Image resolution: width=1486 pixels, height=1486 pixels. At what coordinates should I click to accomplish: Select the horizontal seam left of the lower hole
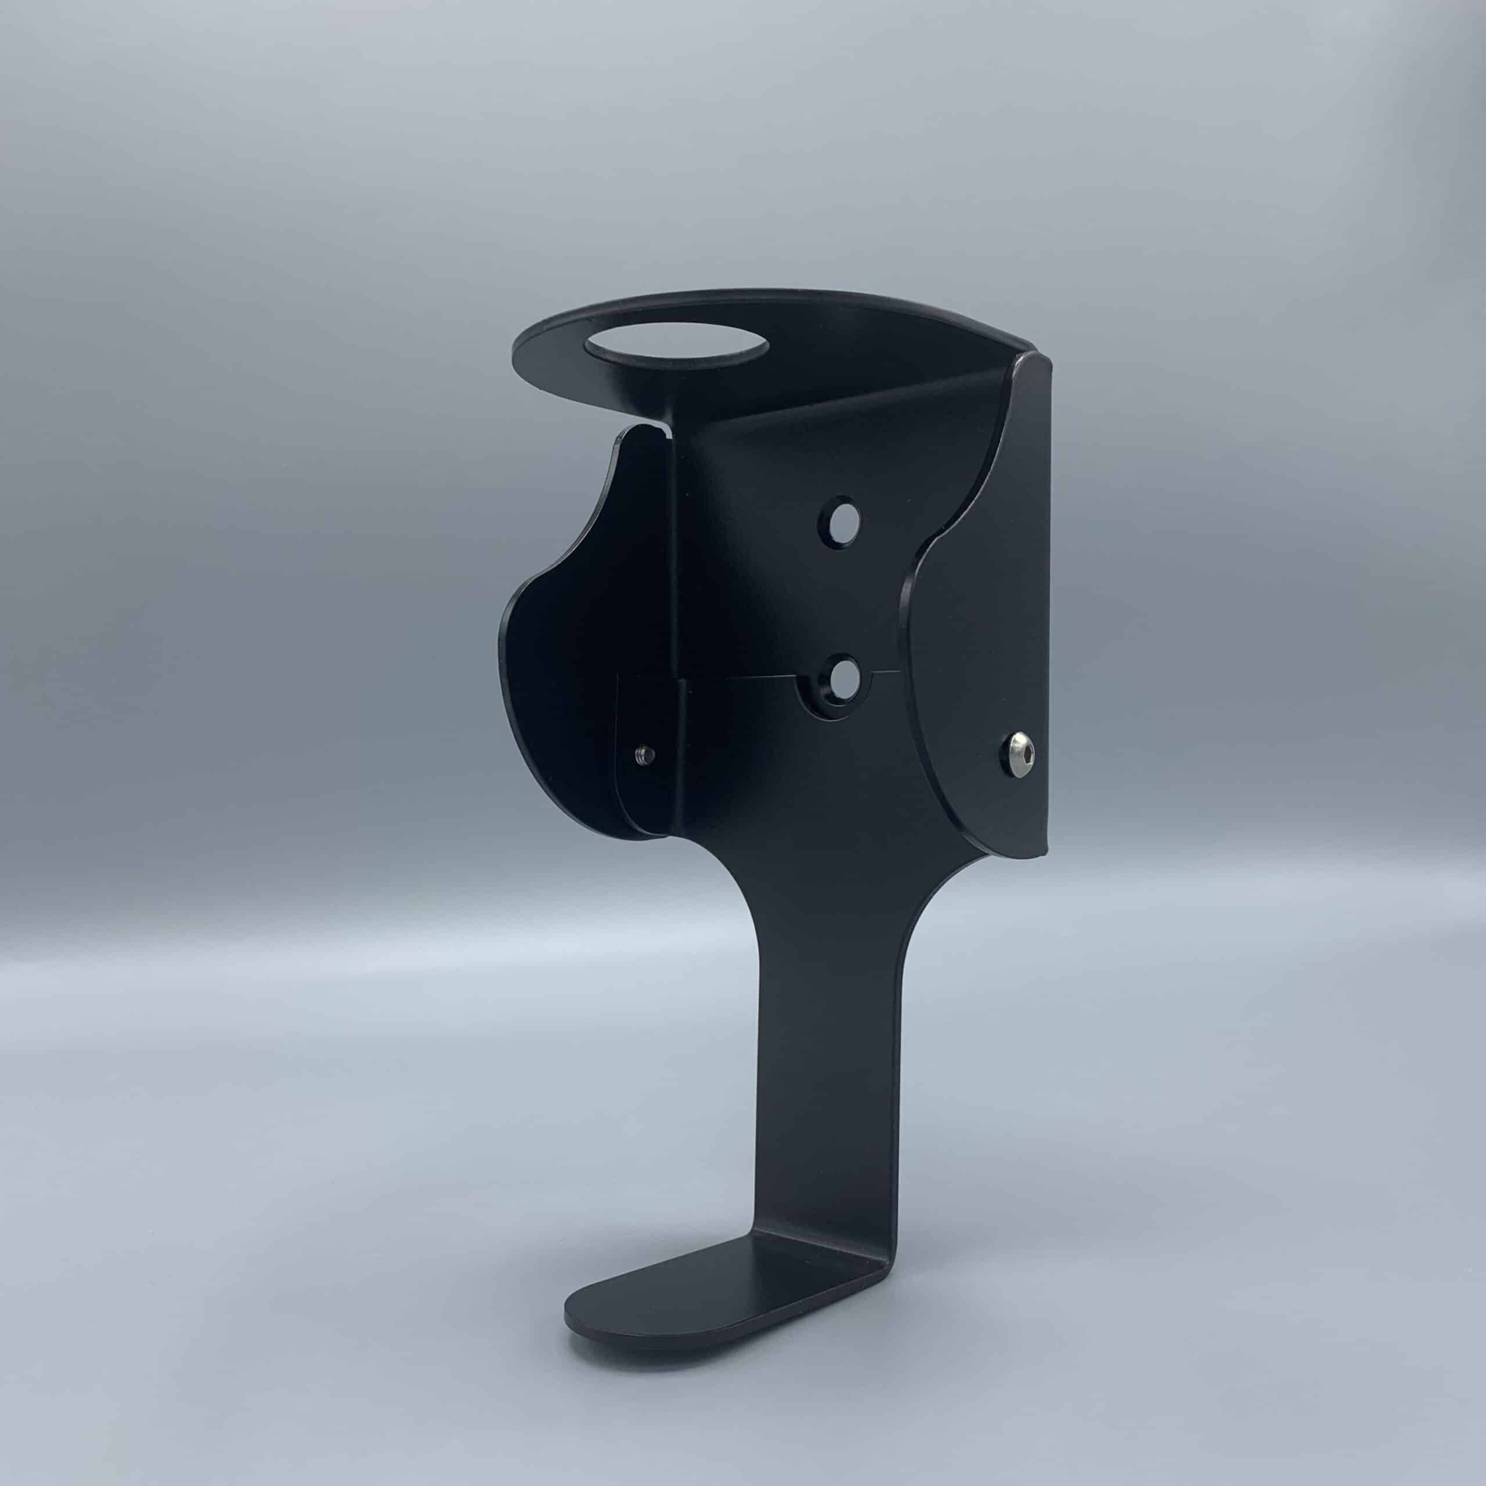738,680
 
